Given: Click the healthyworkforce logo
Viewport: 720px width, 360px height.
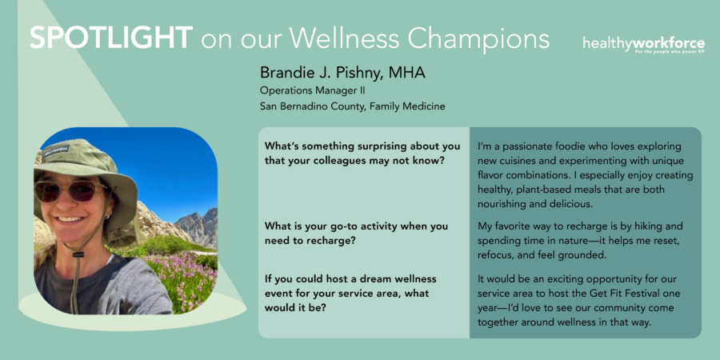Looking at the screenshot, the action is [x=644, y=46].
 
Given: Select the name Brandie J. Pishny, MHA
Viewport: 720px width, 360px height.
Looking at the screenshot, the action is [x=342, y=73].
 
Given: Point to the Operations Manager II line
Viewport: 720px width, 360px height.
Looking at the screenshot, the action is [x=312, y=90].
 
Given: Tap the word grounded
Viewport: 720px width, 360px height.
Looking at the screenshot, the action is [x=583, y=256].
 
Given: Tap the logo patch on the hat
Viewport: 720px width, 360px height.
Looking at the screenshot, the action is [x=57, y=151].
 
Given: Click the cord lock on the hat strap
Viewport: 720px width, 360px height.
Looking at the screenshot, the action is [x=78, y=254].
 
